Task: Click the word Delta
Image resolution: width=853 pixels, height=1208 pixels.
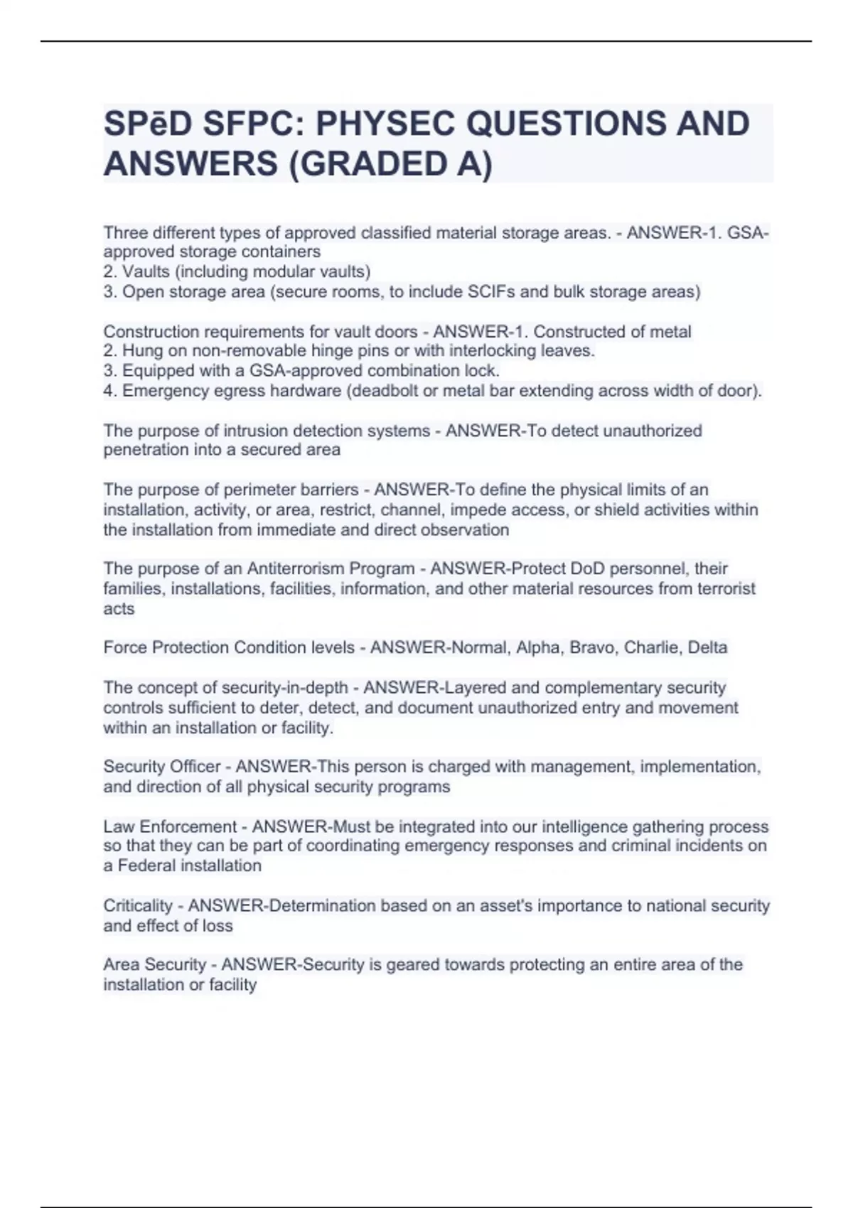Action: click(x=707, y=648)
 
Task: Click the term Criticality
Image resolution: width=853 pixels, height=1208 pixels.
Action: click(x=138, y=906)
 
